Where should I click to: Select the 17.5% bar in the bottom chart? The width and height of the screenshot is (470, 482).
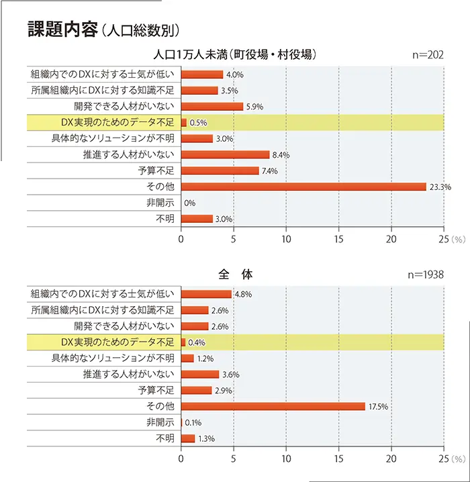[273, 406]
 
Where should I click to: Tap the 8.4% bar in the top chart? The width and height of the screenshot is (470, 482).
[225, 154]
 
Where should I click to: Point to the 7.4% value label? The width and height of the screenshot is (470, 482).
[269, 171]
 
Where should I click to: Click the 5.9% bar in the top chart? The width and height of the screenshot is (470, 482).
[212, 106]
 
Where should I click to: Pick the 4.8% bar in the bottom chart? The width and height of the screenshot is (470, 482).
[206, 294]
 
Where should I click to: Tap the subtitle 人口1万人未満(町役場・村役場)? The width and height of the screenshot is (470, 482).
[235, 55]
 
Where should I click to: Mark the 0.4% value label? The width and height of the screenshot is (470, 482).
[197, 342]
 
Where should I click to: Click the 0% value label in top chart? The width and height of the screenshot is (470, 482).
[189, 203]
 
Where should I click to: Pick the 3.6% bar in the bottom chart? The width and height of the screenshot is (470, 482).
[200, 375]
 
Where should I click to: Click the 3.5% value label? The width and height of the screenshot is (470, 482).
[229, 91]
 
